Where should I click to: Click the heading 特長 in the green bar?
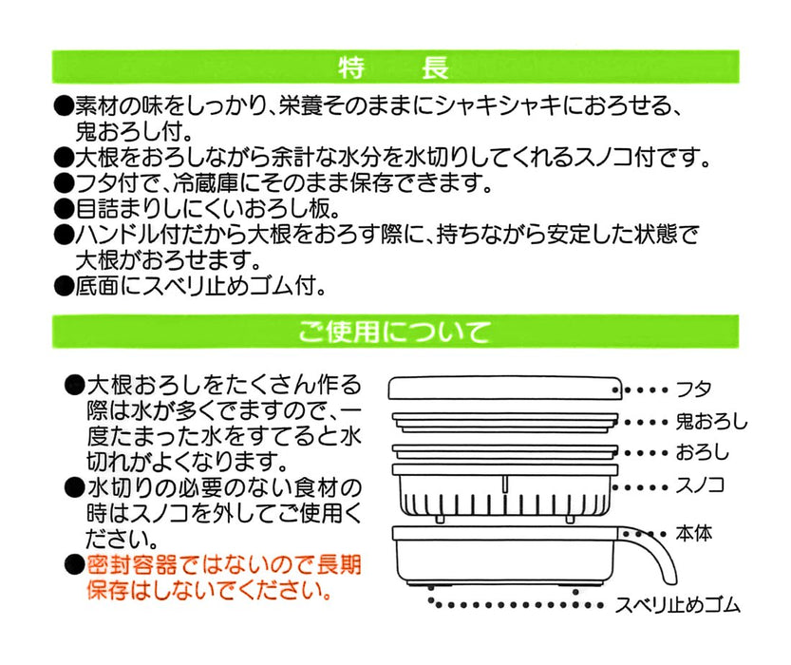tap(393, 68)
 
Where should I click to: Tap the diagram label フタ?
tap(693, 389)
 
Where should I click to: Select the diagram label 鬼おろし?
tap(711, 422)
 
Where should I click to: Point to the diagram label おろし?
tap(703, 453)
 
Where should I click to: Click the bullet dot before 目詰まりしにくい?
tap(62, 207)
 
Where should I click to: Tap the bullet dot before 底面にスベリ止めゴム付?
tap(62, 284)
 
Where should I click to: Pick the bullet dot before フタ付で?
tap(62, 181)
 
